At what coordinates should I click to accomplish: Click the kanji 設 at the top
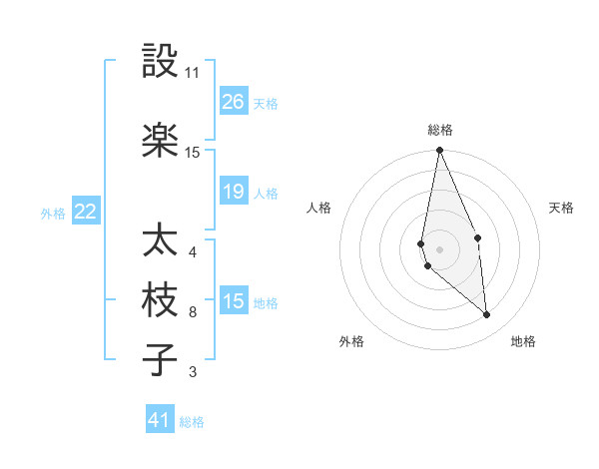160,62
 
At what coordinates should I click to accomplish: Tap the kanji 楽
160,141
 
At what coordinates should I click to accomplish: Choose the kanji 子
160,359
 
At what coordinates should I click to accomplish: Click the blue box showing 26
234,102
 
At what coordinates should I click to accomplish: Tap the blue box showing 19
234,192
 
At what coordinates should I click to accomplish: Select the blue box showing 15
234,301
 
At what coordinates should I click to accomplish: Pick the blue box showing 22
86,212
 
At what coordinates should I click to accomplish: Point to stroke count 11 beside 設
193,73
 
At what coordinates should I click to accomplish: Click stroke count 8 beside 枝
193,312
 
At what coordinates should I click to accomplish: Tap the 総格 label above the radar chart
440,130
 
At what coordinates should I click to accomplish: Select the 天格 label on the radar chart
562,208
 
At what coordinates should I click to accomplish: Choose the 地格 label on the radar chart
523,341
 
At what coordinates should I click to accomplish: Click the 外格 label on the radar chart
351,341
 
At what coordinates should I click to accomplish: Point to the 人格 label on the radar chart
318,208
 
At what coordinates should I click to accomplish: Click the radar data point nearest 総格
439,151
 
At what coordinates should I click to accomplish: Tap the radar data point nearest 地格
486,314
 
